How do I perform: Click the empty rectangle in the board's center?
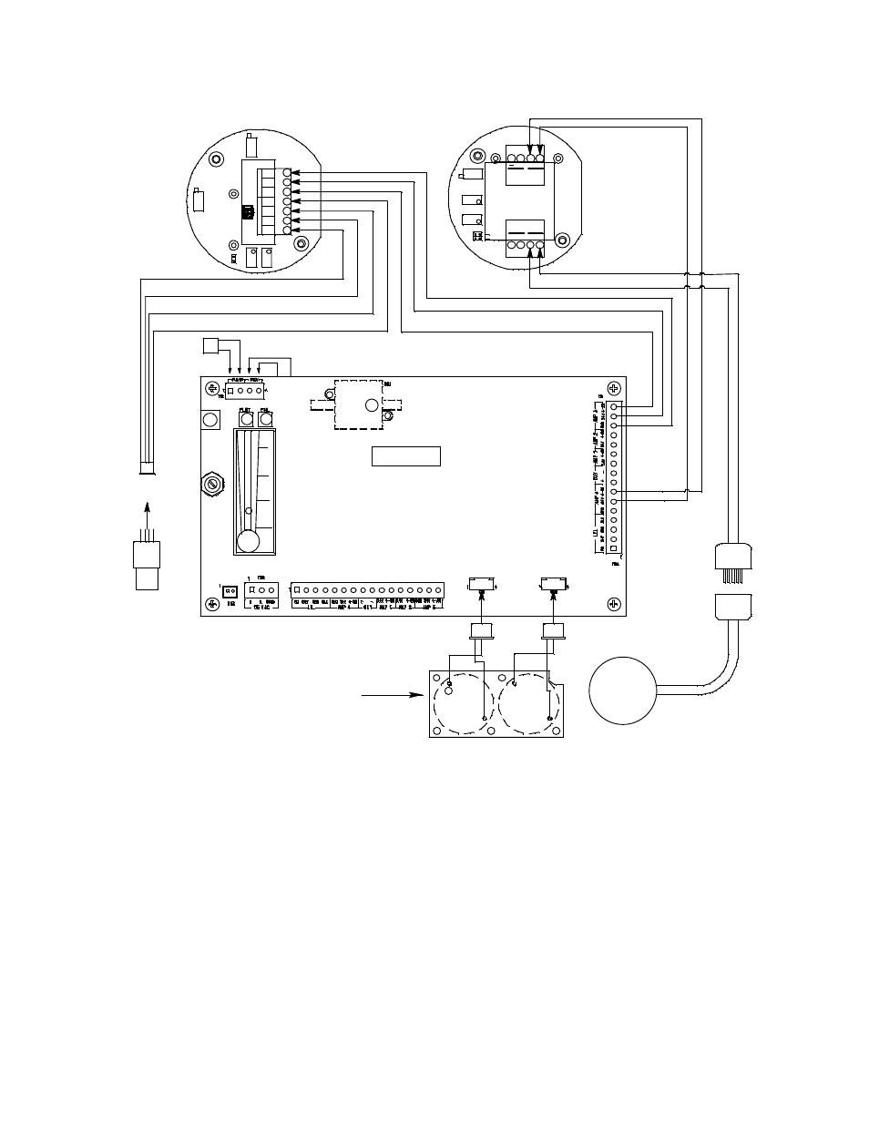[x=406, y=455]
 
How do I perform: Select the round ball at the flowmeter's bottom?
[x=247, y=541]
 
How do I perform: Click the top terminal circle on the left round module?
[x=287, y=172]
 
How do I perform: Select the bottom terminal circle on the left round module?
[x=287, y=230]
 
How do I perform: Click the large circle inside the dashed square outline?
[x=371, y=405]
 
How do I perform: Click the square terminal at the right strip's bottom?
[x=616, y=549]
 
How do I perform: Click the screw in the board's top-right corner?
[x=613, y=387]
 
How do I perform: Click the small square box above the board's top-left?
[x=210, y=347]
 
